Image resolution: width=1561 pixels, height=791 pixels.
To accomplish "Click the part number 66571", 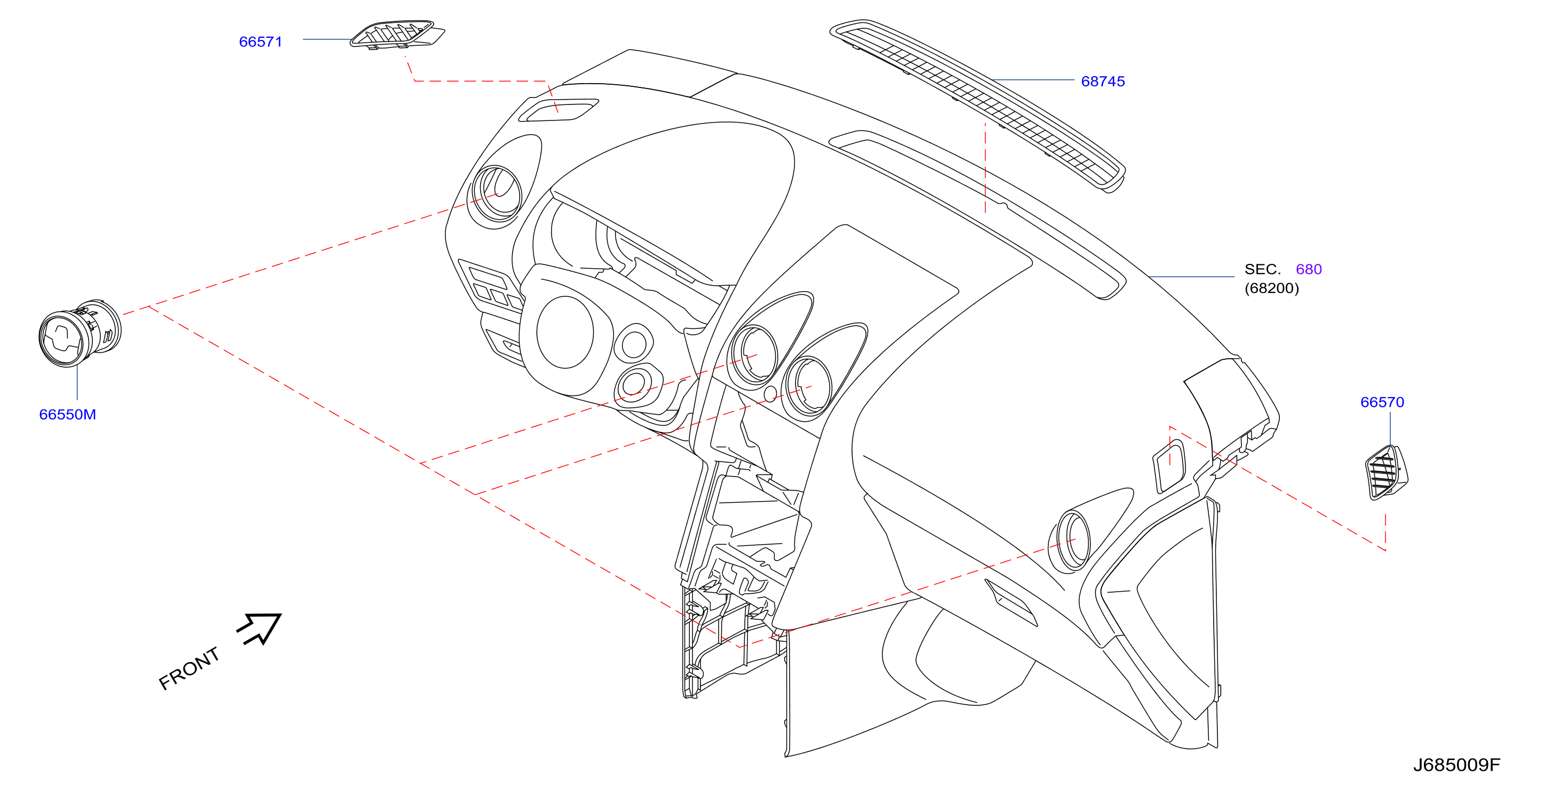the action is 260,42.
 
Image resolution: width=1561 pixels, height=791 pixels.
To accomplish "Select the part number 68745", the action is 1103,81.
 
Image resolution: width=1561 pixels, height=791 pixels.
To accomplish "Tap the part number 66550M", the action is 67,414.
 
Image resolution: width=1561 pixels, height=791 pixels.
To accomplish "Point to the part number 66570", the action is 1382,402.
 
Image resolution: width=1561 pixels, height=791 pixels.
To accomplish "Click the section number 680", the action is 1309,269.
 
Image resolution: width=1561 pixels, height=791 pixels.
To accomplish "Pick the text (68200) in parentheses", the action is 1272,288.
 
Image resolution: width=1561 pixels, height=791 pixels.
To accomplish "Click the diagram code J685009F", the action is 1457,765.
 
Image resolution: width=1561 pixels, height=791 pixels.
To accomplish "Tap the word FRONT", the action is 189,668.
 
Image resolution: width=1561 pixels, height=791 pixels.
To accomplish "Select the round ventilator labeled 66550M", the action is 80,333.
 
